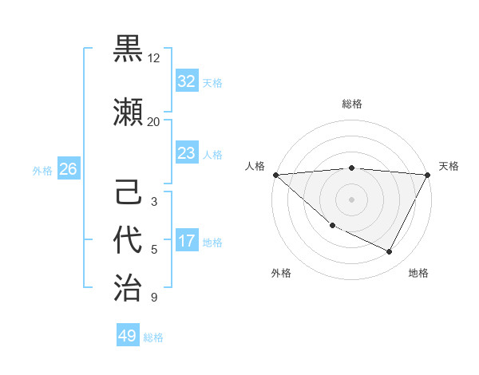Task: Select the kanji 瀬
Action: point(129,112)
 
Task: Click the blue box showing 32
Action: point(187,81)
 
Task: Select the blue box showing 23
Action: point(187,153)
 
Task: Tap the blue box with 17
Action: point(187,241)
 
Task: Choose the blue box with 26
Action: point(68,169)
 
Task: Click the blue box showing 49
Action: point(128,336)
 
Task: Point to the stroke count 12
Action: point(154,58)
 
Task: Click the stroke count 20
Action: point(154,122)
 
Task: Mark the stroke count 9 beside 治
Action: point(154,298)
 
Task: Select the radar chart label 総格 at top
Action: point(351,104)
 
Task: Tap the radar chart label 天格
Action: point(449,166)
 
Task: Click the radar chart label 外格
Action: point(281,273)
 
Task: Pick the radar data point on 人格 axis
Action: point(275,174)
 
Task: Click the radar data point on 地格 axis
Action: point(390,252)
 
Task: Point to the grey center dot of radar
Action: point(351,199)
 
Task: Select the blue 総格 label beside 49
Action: point(153,337)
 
